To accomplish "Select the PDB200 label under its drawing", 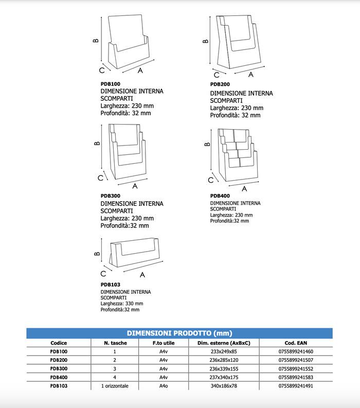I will [220, 84].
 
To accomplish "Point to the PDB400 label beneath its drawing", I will [220, 196].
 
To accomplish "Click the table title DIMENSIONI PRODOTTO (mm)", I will [179, 333].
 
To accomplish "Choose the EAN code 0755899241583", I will [295, 377].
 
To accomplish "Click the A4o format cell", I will [164, 385].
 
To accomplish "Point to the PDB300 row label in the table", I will [58, 369].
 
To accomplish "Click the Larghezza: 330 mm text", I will [121, 304].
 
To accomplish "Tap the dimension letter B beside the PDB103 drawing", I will [96, 254].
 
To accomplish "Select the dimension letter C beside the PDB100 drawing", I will [102, 69].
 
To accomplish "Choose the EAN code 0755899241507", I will [295, 360].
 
